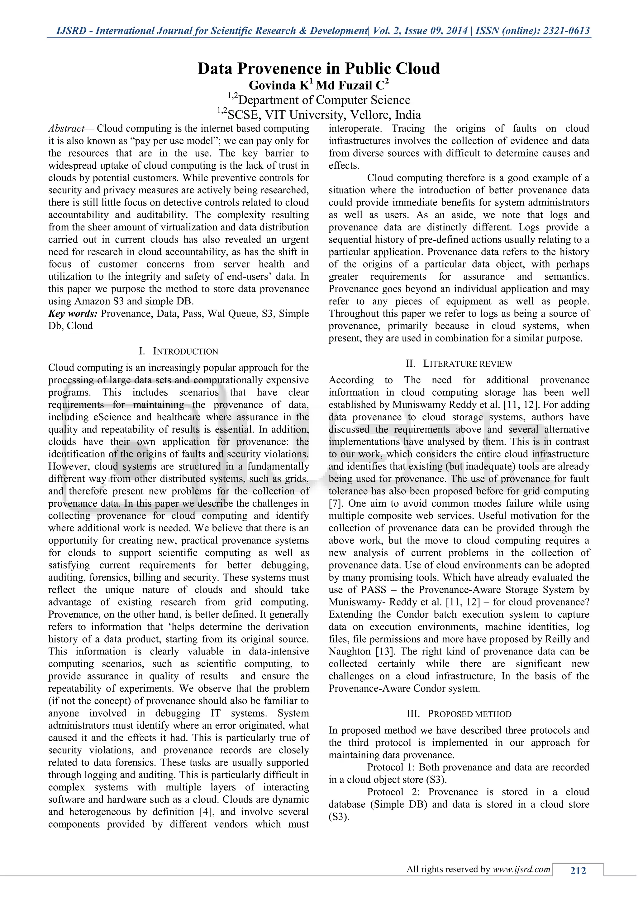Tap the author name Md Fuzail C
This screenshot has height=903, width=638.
click(350, 85)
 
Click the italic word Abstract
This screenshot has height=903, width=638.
click(66, 128)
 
